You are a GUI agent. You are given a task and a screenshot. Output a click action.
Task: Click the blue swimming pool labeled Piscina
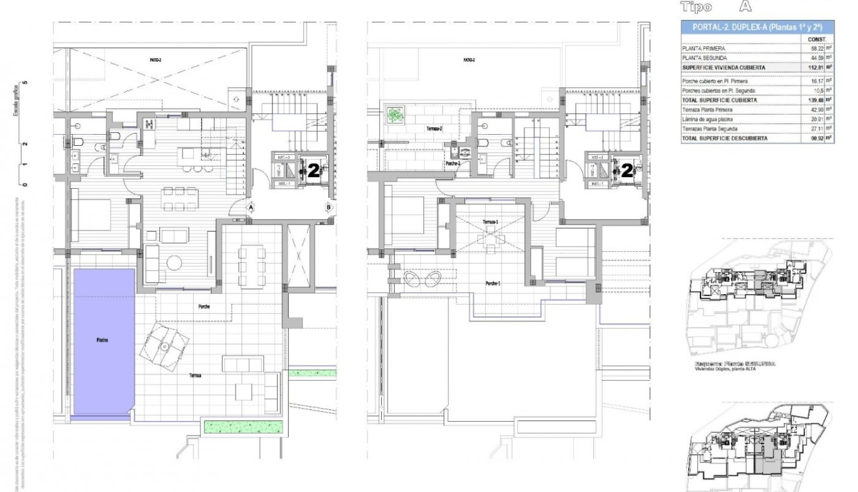pos(104,340)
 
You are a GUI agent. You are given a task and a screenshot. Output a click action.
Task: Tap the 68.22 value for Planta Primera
pos(814,48)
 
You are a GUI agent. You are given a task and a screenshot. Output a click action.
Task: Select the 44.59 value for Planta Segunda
pos(814,58)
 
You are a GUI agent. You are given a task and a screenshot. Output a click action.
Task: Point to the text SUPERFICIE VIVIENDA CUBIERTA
pos(723,68)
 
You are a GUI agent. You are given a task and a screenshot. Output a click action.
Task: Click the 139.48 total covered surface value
pos(813,100)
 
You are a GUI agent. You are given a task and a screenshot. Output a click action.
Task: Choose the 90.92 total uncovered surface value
pos(814,139)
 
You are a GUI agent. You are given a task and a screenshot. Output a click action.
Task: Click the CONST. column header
pos(816,39)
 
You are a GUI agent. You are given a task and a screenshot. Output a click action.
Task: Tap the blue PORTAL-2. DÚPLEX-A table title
pos(757,27)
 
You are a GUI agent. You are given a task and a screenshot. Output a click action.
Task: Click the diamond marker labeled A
pos(251,207)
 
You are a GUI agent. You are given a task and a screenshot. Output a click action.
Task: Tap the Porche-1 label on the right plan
pos(494,284)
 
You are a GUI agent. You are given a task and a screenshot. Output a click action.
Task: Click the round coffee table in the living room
pos(175,262)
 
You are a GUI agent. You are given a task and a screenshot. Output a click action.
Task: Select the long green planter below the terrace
pos(245,427)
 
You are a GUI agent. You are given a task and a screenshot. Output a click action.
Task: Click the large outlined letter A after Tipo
pos(745,7)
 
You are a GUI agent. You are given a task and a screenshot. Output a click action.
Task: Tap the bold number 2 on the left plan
pos(313,171)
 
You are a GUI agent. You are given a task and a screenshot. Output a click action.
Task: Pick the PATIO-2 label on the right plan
pos(469,59)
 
